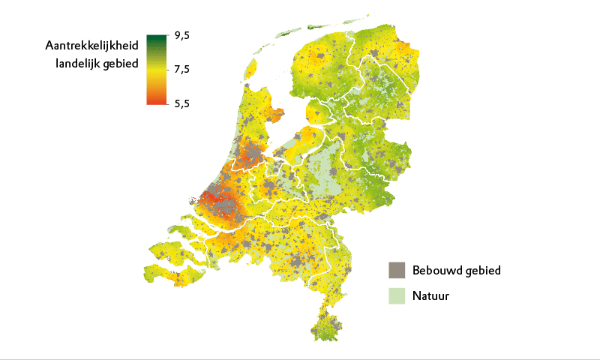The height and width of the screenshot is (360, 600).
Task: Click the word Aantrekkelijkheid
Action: [x=91, y=47]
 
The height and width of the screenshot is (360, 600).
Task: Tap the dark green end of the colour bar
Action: [x=156, y=37]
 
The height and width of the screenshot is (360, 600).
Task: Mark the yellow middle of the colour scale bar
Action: [x=156, y=70]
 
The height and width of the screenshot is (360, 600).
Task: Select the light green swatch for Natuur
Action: [x=397, y=295]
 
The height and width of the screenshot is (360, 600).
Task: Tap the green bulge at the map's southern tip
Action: [x=326, y=328]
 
